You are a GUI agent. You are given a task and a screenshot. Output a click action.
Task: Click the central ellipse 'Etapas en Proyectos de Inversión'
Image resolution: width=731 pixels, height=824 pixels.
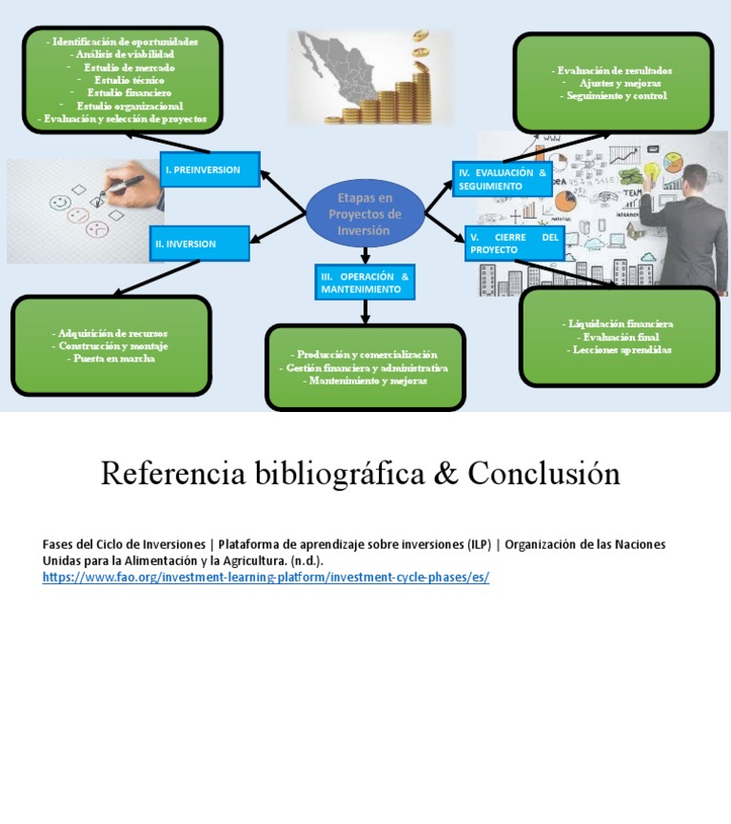tap(365, 213)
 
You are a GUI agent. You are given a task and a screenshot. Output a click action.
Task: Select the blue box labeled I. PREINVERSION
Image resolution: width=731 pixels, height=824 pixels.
tap(208, 169)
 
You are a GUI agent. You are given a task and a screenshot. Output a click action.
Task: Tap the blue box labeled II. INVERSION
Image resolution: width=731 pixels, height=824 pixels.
tap(199, 244)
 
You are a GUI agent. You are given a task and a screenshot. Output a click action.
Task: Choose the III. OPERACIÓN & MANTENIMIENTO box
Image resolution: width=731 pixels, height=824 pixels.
tap(365, 282)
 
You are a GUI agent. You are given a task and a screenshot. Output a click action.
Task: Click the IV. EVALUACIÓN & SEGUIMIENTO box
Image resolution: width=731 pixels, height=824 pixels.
tap(502, 179)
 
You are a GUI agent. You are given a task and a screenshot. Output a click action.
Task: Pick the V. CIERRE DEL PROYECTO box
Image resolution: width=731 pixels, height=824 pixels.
tap(514, 243)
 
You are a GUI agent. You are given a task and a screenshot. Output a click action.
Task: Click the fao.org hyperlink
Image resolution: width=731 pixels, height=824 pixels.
tap(266, 578)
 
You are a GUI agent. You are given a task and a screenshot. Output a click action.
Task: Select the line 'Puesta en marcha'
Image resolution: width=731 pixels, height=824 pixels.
tap(111, 359)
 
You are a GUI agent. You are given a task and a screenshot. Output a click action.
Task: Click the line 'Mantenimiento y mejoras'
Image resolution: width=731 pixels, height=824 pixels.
tap(365, 381)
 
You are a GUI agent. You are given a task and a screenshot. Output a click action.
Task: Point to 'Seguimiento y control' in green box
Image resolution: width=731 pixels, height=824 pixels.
tap(614, 95)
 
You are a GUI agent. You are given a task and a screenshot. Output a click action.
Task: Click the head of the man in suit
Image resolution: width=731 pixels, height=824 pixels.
tap(694, 179)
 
